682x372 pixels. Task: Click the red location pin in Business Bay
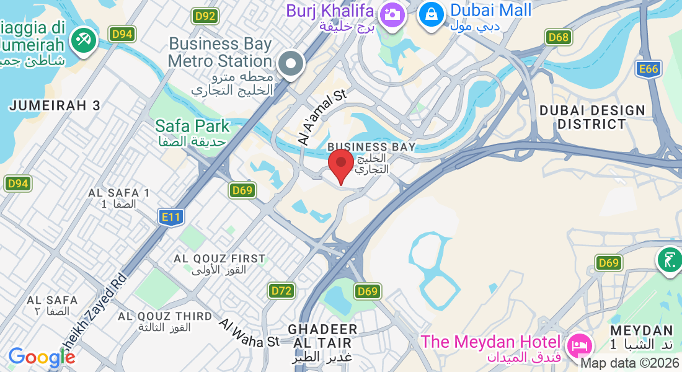pyautogui.click(x=340, y=163)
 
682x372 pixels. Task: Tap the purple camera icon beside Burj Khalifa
pyautogui.click(x=392, y=13)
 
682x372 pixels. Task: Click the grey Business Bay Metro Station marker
pyautogui.click(x=290, y=63)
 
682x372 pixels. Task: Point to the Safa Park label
pyautogui.click(x=192, y=126)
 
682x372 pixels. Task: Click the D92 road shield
pyautogui.click(x=204, y=16)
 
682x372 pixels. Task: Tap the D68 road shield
pyautogui.click(x=559, y=37)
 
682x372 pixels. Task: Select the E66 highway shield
pyautogui.click(x=649, y=69)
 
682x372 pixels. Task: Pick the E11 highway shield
pyautogui.click(x=170, y=216)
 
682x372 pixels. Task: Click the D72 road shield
pyautogui.click(x=281, y=290)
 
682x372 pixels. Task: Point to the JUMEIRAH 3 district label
pyautogui.click(x=55, y=105)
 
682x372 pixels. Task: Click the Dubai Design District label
pyautogui.click(x=592, y=117)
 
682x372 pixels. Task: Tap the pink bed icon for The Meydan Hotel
pyautogui.click(x=580, y=343)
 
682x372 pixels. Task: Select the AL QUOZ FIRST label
pyautogui.click(x=219, y=259)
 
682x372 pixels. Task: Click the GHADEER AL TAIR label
pyautogui.click(x=322, y=335)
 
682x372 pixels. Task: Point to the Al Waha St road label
pyautogui.click(x=250, y=333)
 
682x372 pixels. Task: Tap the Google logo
pyautogui.click(x=42, y=357)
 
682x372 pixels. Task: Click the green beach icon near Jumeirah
pyautogui.click(x=81, y=40)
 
